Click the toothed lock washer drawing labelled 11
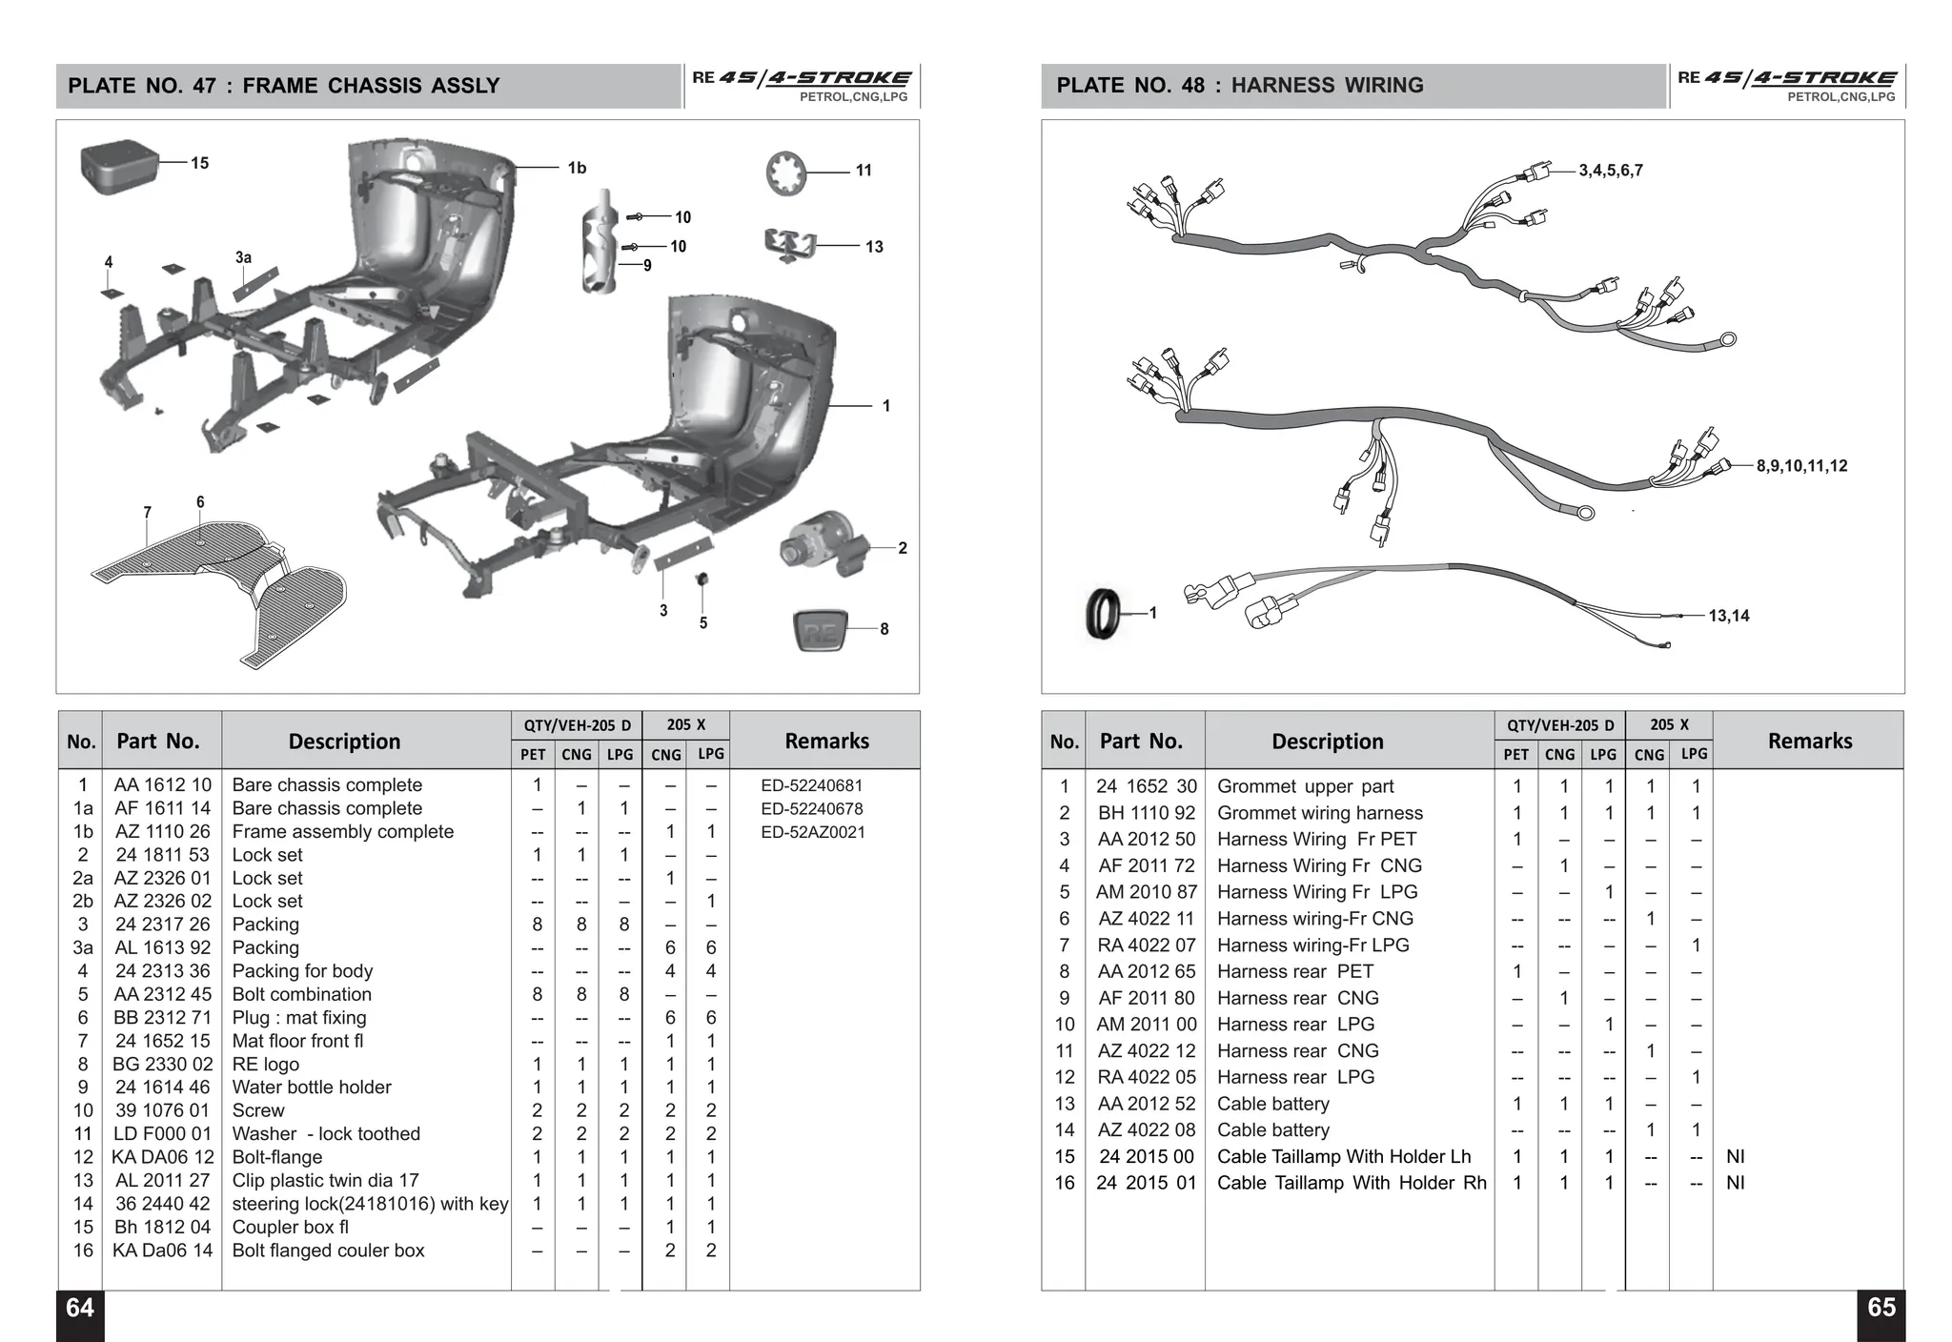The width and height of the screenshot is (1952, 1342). tap(786, 173)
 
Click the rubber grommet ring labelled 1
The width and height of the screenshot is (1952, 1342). tap(1104, 613)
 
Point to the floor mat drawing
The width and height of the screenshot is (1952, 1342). tap(219, 581)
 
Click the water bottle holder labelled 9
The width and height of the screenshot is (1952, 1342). tap(600, 243)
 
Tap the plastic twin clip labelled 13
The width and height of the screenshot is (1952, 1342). tap(790, 245)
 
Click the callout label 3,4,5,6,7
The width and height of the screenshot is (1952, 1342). tap(1611, 171)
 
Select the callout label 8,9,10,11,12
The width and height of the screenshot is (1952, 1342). tap(1801, 466)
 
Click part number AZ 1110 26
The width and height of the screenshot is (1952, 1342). tap(162, 831)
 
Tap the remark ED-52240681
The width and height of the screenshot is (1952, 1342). tap(811, 785)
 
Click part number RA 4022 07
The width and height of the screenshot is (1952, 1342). tap(1146, 945)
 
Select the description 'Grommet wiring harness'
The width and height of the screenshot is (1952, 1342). tap(1319, 813)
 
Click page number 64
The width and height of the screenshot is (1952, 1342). tap(80, 1308)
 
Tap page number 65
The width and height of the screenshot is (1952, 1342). tap(1881, 1308)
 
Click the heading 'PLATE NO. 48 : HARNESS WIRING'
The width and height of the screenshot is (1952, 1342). tap(1239, 86)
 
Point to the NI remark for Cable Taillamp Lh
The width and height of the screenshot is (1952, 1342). tap(1735, 1156)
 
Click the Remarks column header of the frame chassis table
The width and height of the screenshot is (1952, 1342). tap(826, 741)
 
